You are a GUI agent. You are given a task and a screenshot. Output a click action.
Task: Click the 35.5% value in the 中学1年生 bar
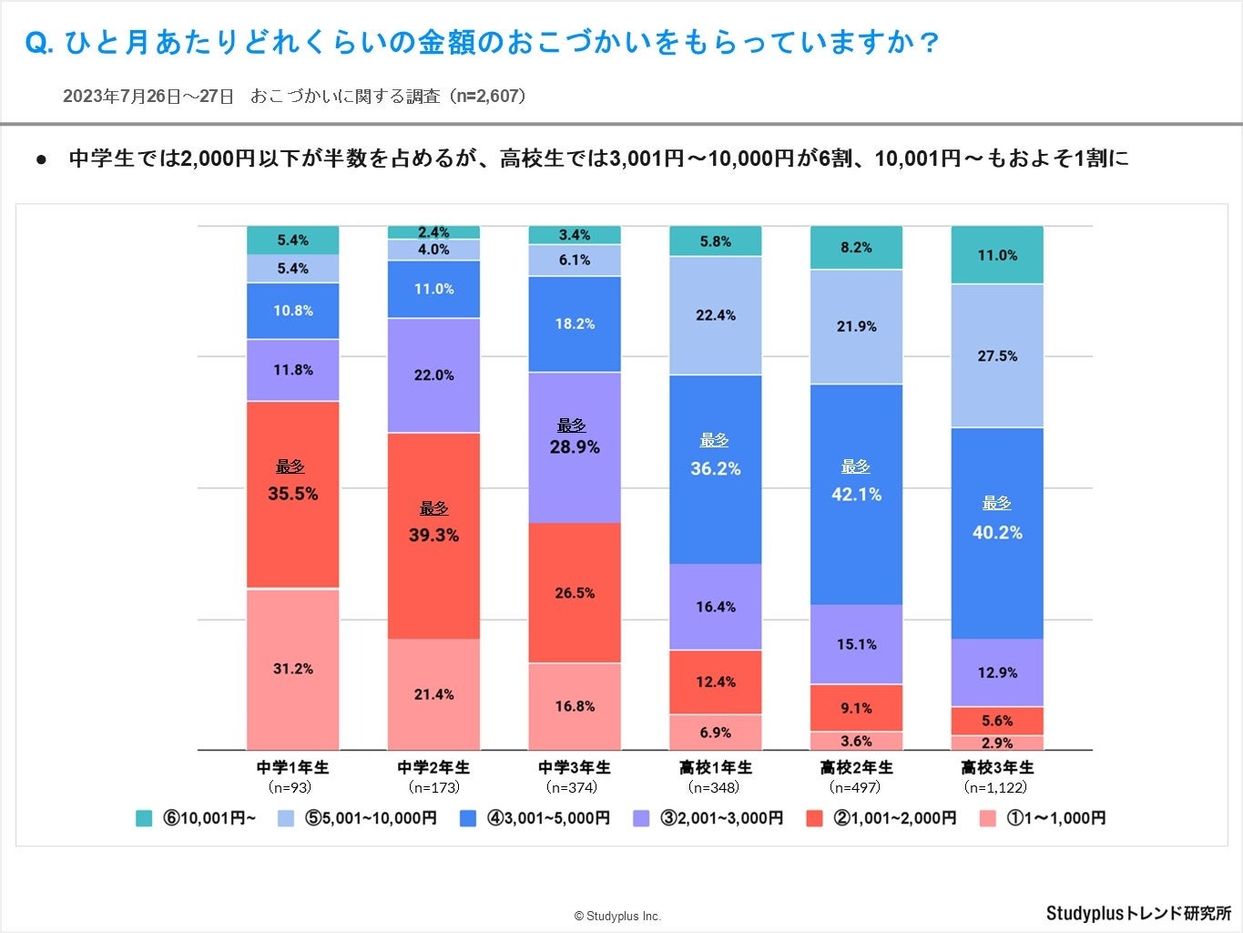pos(292,494)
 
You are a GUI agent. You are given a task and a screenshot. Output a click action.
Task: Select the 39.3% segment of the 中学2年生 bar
pos(433,535)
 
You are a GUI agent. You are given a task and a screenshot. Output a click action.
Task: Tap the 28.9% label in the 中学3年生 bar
pos(575,447)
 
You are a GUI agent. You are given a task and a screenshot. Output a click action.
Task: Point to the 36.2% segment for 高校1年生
pos(715,469)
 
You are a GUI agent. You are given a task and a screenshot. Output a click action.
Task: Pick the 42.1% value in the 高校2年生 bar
pos(856,495)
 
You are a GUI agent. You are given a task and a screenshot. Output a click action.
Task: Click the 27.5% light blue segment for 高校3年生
pos(997,356)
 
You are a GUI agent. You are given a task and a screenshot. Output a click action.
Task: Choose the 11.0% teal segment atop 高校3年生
pos(997,255)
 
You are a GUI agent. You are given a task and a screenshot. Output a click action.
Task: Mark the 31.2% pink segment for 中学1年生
pos(292,669)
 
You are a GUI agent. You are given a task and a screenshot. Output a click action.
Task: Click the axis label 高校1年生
pos(715,767)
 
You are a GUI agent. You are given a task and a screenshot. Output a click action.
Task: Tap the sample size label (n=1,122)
pos(996,787)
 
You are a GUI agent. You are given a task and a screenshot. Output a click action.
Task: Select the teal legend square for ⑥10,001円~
pos(144,818)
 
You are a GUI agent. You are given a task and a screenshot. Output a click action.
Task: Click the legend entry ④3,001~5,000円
pos(547,818)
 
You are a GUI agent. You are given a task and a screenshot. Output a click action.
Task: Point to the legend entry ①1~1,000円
pos(1055,818)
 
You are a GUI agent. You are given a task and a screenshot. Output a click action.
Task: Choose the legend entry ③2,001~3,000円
pos(720,818)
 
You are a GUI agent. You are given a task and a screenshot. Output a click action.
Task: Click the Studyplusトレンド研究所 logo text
pos(1138,913)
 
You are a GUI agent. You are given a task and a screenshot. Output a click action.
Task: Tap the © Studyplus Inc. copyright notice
pos(617,917)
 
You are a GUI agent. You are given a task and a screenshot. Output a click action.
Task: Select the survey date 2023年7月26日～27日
pos(148,97)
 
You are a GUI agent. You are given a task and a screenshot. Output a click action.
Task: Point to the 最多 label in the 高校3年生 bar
pos(996,503)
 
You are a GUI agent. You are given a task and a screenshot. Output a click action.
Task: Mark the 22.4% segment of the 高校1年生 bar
pos(715,315)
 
